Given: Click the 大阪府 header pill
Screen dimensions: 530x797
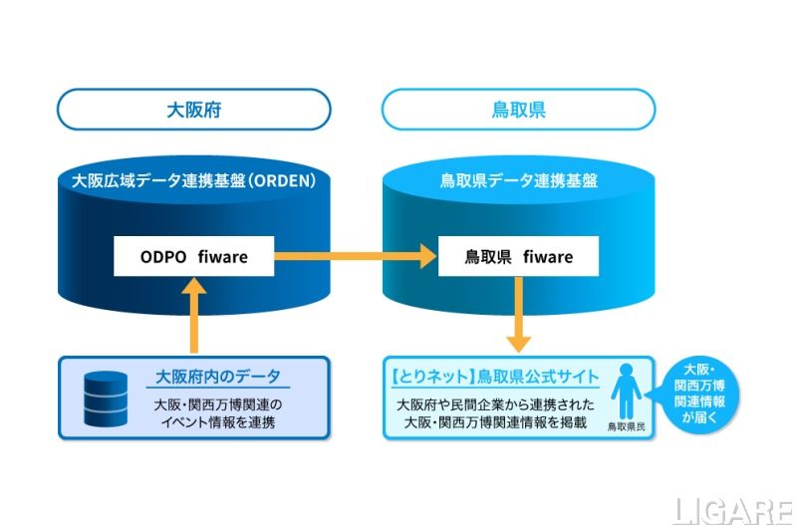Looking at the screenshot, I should coord(193,110).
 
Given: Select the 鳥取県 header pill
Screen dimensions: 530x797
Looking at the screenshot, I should coord(518,110).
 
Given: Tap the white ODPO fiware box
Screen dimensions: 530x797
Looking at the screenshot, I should coord(193,257).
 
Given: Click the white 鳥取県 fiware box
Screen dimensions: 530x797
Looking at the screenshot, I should coord(518,257).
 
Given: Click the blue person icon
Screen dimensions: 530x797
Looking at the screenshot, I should coord(626,391).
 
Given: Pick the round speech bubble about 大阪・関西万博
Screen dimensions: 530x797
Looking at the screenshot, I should coord(703,396).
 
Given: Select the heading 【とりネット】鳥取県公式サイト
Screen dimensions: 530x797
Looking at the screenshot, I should coord(494,378).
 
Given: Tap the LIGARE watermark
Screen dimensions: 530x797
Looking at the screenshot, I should coord(732,511).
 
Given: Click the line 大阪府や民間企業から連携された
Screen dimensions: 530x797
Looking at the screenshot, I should coord(495,405).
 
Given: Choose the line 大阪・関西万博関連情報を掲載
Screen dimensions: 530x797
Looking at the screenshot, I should coord(495,424).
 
